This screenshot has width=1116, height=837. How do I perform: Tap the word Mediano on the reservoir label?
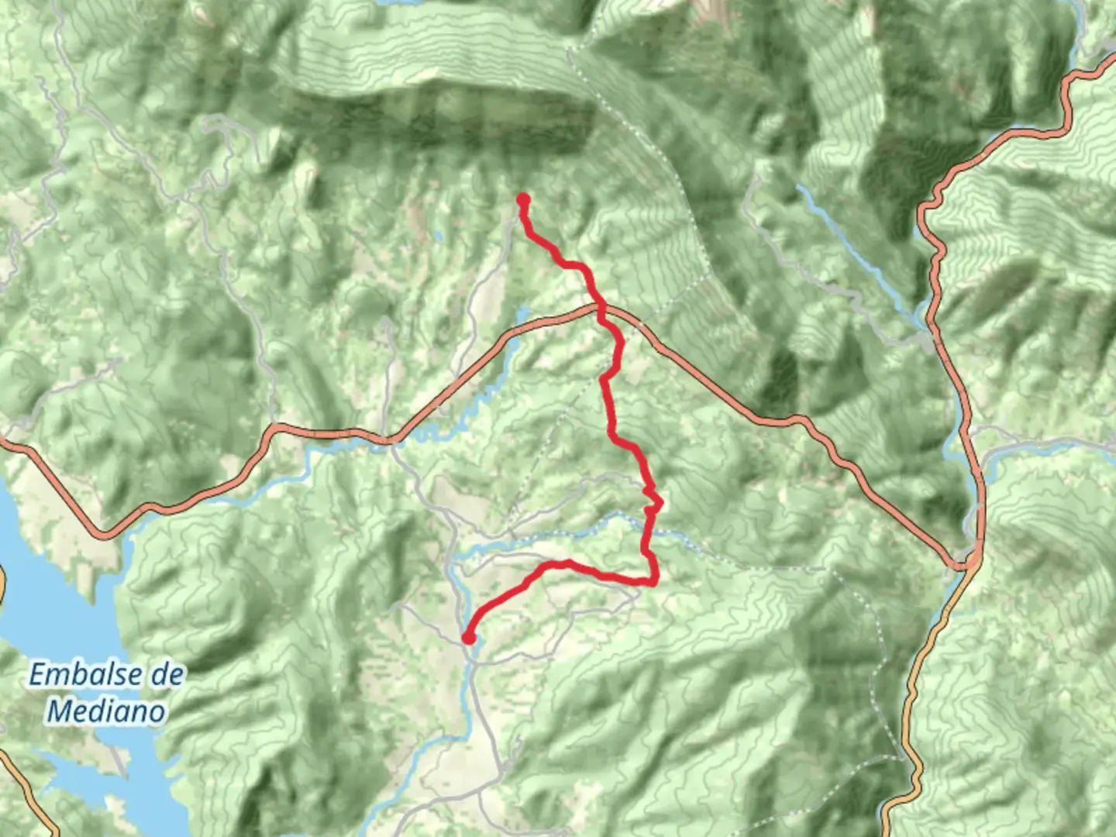(106, 711)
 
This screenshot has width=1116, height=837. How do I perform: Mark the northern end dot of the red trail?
(523, 200)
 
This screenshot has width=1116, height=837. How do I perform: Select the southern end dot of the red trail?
(468, 638)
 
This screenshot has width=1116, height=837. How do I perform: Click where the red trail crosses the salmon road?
(601, 309)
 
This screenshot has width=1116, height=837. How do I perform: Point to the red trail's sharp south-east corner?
(655, 580)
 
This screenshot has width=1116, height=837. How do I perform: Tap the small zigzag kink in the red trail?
(653, 501)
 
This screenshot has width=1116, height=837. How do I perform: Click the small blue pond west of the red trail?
(522, 314)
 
